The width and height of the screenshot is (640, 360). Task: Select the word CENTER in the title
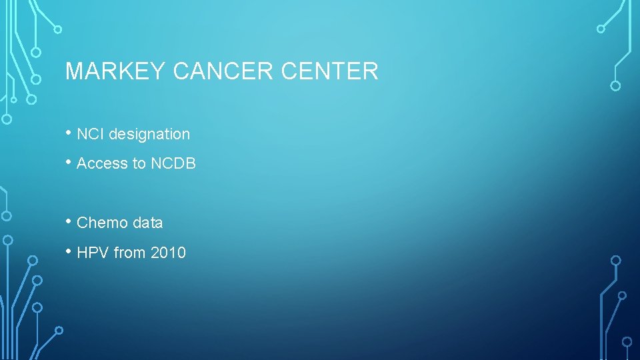click(x=330, y=71)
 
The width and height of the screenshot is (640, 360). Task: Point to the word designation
click(x=149, y=134)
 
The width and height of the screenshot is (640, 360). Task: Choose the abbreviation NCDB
click(x=173, y=163)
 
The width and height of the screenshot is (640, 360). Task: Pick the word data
click(x=147, y=223)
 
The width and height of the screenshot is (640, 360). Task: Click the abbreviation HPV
click(x=93, y=253)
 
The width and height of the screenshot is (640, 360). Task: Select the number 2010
click(x=168, y=253)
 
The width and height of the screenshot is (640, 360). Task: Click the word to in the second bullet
click(x=139, y=163)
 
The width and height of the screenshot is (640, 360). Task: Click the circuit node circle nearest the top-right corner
click(x=601, y=29)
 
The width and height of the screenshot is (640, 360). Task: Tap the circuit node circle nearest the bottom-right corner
click(x=627, y=341)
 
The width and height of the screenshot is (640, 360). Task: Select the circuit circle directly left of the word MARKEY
click(x=37, y=79)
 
